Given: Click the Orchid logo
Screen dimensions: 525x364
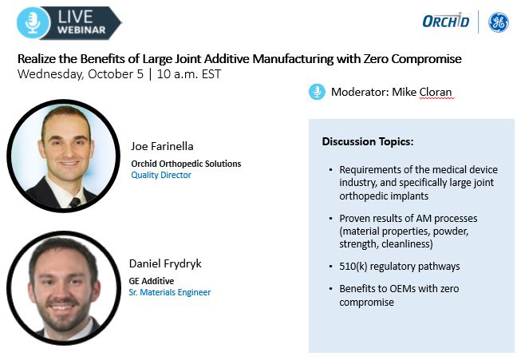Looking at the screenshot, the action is pos(446,21).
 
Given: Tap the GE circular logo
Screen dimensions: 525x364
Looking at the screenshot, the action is pos(499,22).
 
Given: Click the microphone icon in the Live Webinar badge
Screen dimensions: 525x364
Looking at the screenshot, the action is pos(33,23).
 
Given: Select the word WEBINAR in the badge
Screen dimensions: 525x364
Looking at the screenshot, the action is pos(81,30).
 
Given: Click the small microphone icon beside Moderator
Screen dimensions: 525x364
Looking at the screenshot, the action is pos(317,92).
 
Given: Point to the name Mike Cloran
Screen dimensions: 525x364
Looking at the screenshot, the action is pos(421,92).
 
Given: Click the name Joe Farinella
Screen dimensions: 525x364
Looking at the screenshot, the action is pos(162,146).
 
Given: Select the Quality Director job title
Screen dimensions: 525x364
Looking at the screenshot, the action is pos(161,175).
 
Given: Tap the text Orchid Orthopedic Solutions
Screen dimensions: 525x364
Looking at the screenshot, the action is pos(186,164).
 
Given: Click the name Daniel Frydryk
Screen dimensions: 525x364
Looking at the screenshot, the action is pos(165,263).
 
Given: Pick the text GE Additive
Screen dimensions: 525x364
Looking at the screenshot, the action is pos(152,281).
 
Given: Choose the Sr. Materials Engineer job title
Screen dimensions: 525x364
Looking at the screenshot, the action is pos(170,292).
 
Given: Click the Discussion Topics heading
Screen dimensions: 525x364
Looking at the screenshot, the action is pos(368,141).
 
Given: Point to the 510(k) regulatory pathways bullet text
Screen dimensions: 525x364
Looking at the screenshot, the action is pos(400,267).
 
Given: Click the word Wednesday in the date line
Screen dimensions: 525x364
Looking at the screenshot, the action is pos(50,74).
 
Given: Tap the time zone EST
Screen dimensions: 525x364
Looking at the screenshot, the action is pos(211,74).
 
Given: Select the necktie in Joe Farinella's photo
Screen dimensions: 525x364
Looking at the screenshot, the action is pos(75,202).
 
